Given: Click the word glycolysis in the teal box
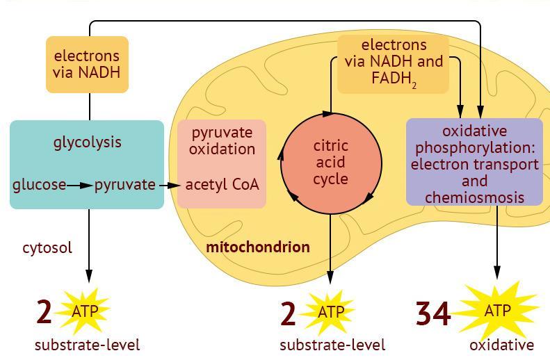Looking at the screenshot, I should [x=88, y=142].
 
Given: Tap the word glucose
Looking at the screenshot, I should [x=39, y=185].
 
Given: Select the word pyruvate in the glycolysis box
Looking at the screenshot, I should [x=125, y=185].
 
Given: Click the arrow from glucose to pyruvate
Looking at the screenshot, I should [x=81, y=185].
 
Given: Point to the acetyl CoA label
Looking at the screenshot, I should [x=222, y=185].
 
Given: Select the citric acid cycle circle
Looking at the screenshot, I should [x=331, y=164].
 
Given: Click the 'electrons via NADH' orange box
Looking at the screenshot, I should [x=87, y=64].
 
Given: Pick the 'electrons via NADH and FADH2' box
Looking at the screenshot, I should [x=393, y=65].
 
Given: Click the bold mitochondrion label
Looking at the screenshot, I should [x=258, y=247].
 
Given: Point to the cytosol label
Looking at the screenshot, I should [x=47, y=247].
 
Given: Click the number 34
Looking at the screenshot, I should [x=433, y=313].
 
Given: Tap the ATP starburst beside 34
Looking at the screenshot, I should [x=497, y=311].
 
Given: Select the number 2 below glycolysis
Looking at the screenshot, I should [x=44, y=312].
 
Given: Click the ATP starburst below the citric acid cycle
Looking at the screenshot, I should [x=331, y=312].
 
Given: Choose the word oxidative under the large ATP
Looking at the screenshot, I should [x=501, y=345].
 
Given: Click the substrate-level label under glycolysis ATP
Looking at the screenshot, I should [x=88, y=345].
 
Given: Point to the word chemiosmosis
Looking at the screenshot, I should [x=474, y=197].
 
